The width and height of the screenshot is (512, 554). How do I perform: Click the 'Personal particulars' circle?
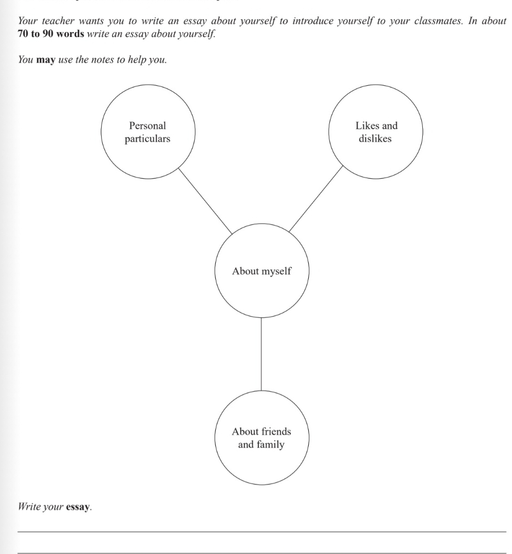point(147,132)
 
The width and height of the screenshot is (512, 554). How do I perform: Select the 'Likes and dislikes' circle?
point(376,132)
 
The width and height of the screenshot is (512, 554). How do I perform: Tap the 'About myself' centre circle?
point(261,271)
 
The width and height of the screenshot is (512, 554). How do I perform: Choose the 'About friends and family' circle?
point(261,438)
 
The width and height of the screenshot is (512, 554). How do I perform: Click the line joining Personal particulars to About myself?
point(205,199)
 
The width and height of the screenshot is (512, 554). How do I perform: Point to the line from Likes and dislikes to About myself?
point(316,199)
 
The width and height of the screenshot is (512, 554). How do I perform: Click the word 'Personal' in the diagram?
point(147,125)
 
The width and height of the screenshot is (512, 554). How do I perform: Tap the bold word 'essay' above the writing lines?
point(77,508)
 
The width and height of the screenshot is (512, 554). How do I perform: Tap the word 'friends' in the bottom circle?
point(276,432)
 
